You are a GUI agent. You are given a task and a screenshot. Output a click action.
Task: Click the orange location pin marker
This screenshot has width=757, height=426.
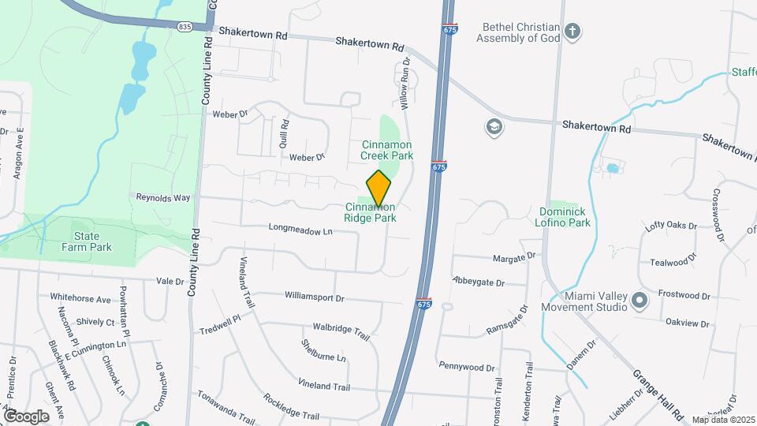coord(379,188)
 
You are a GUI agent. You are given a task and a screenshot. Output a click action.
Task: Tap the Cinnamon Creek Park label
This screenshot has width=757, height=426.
coord(387,150)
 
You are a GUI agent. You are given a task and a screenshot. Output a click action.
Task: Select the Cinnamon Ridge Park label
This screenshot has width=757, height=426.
coord(369,212)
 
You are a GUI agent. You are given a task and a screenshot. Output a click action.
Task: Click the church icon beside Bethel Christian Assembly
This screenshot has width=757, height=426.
coord(573,32)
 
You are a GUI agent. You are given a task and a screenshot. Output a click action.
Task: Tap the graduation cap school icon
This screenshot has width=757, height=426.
coord(495,127)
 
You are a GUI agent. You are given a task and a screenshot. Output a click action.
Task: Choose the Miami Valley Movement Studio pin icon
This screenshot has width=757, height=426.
coord(640,300)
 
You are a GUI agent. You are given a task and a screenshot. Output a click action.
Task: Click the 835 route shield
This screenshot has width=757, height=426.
coord(185,26)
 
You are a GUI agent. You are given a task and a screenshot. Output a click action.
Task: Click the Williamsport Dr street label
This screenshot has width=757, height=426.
coord(315,298)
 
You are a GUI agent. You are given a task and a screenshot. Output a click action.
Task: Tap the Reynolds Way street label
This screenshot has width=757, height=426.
coord(163,196)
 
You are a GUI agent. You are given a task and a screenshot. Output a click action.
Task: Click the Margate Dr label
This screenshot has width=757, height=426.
coord(514,257)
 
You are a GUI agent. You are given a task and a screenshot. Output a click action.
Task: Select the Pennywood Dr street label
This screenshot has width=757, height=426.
coord(467,368)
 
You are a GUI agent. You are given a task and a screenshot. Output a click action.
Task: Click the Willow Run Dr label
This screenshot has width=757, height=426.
coord(405,83)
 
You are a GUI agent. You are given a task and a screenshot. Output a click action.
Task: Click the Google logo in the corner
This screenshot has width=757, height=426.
coord(26,416)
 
